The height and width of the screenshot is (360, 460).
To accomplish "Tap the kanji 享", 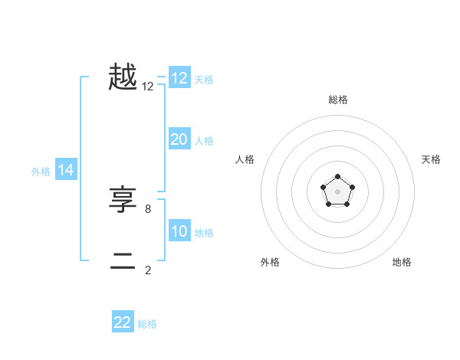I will click(123, 201).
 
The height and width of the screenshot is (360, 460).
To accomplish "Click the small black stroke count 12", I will click(148, 87).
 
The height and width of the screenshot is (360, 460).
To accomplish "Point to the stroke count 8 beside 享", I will click(148, 208).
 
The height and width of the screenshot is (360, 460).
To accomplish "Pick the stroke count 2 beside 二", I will click(148, 270).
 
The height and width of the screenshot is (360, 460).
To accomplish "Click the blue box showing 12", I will click(179, 78).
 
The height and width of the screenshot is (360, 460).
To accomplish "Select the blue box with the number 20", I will click(179, 139).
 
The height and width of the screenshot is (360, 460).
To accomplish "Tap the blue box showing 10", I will click(179, 231).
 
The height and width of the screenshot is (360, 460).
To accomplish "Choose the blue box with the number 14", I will click(66, 170).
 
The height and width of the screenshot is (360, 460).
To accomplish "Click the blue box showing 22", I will click(123, 322).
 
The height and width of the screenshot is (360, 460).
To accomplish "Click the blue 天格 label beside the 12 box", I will click(204, 80).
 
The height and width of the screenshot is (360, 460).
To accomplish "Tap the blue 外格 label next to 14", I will click(41, 172).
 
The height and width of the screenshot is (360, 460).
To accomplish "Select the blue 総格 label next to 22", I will click(147, 324).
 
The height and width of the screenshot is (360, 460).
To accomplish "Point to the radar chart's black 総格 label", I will click(337, 100).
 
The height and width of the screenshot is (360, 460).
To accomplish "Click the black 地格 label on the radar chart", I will click(402, 262).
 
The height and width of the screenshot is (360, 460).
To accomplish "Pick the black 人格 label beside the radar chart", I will click(245, 159).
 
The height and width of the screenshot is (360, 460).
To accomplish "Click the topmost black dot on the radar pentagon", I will click(337, 178).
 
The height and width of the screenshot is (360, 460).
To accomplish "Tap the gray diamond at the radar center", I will click(337, 191).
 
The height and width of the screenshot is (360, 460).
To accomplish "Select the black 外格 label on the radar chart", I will click(270, 262).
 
